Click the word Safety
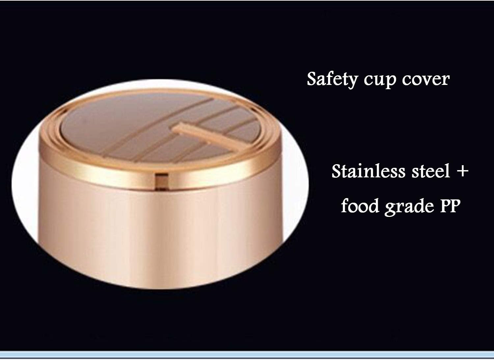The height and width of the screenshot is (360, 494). (x=332, y=80)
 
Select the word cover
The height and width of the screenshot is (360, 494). (x=425, y=79)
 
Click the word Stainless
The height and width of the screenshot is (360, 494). (x=368, y=171)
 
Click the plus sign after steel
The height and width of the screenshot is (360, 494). (x=462, y=172)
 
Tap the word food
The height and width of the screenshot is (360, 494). (x=360, y=205)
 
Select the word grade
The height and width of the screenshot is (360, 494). (x=409, y=207)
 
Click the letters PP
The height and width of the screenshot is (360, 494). (x=450, y=206)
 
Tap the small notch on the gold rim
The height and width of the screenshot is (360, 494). (x=162, y=181)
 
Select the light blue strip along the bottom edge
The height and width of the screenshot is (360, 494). (x=247, y=355)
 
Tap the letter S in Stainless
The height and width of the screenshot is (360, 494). (x=337, y=171)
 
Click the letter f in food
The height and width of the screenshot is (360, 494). (x=345, y=205)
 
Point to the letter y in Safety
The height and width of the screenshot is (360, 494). (x=352, y=82)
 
